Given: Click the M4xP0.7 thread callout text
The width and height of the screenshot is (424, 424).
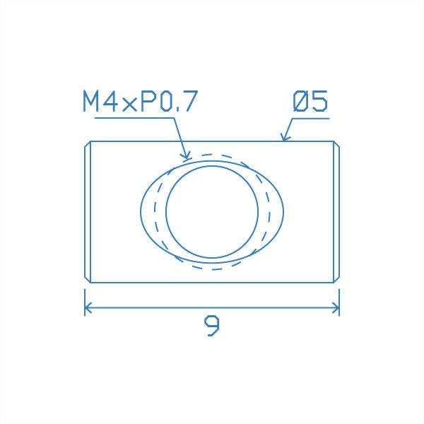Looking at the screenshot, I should point(139,102).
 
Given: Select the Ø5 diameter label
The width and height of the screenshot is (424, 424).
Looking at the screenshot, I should point(310,102).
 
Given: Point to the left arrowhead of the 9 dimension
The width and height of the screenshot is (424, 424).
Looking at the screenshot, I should point(88,307).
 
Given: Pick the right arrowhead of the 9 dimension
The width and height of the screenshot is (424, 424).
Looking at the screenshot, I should point(336,307).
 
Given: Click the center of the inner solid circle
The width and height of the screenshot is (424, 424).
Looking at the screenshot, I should point(212,212).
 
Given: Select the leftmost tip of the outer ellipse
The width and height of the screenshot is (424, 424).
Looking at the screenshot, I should point(141,212).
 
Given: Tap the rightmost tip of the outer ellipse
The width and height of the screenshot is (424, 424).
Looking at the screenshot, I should point(283,212).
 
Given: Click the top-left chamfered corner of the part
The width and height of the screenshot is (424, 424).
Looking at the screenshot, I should point(87,144).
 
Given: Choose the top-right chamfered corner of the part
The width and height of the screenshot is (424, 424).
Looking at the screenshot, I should point(337,144).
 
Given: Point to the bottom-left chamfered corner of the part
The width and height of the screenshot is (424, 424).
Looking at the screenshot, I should point(87,280).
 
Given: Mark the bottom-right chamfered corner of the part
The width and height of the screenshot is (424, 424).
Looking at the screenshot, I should point(337,280).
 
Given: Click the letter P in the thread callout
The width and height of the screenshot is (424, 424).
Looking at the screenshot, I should point(148,102).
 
